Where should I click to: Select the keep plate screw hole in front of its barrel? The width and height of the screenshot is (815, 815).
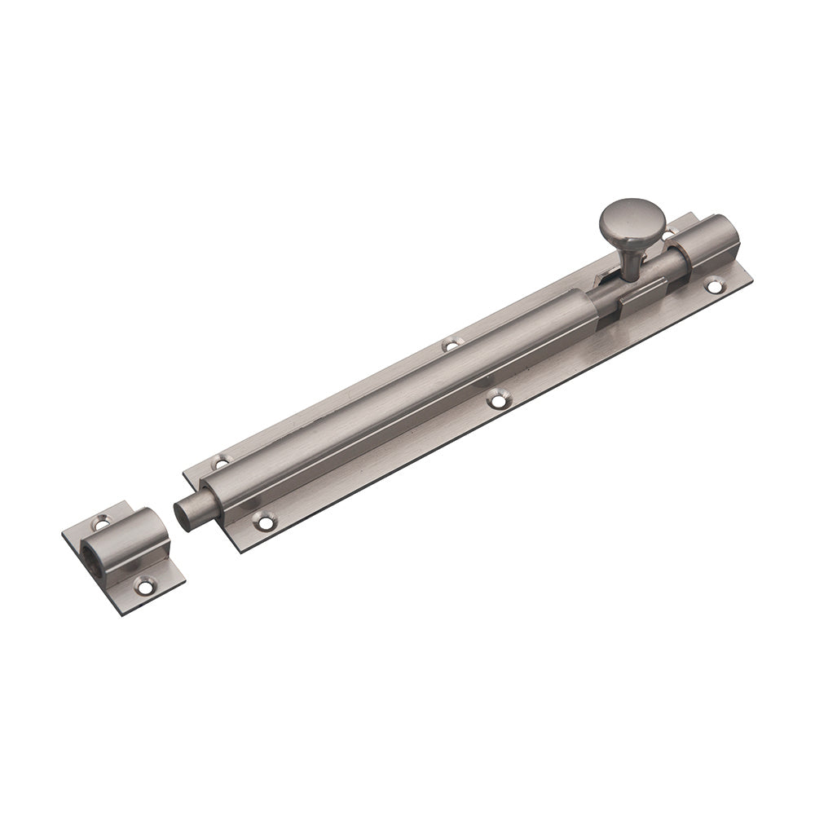click(144, 584)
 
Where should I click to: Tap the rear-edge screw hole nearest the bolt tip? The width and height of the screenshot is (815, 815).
click(219, 461)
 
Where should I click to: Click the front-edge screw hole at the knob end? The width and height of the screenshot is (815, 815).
click(714, 286)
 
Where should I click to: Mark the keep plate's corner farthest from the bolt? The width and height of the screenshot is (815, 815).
click(63, 535)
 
